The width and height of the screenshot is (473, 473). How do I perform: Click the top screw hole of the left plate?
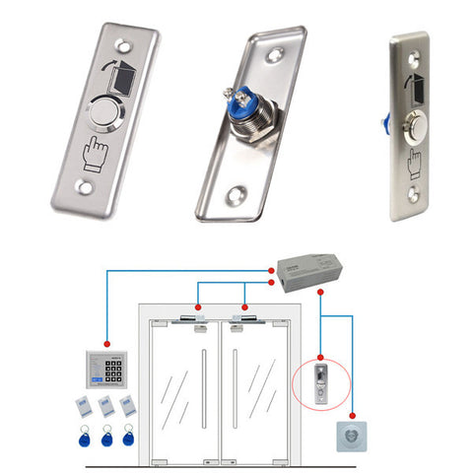point(123,44)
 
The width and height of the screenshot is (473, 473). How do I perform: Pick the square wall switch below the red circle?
point(354,438)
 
